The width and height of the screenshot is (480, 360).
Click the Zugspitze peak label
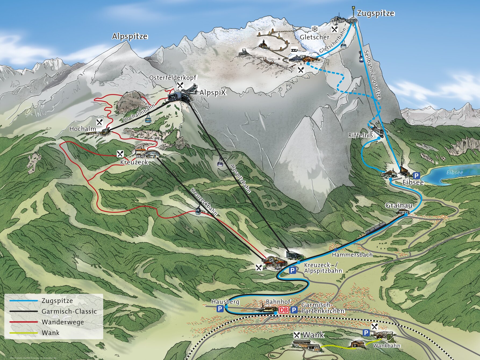pos(375,13)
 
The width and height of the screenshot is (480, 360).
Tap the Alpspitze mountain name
pos(130,36)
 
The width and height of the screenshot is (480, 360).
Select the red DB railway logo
pos(284,310)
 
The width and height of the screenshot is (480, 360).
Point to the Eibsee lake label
pos(455,172)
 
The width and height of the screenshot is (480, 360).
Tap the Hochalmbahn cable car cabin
pos(148,118)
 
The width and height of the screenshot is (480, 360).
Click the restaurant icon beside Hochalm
pos(100,122)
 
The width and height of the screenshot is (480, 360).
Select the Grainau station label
pos(399,206)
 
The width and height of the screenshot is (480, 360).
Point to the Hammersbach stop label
pos(352,254)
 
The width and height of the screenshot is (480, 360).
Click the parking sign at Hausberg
pos(220,309)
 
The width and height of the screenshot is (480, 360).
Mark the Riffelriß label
pos(361,135)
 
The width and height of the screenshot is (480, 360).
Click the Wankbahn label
pos(386,345)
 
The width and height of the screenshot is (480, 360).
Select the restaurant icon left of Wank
pos(297,335)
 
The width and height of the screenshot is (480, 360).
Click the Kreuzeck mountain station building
pos(147,153)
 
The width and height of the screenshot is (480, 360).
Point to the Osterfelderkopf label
pos(173,78)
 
